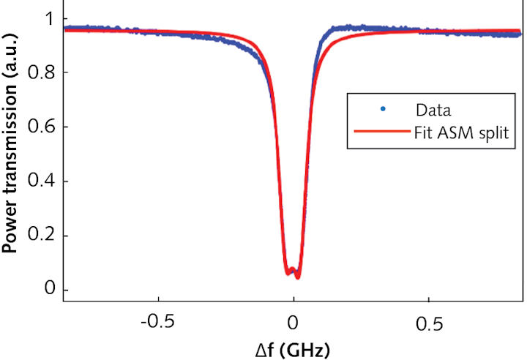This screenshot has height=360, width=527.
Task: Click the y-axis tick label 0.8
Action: pos(43,72)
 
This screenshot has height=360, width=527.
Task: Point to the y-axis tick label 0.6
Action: pos(43,127)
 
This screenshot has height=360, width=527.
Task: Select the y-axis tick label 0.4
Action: pos(43,181)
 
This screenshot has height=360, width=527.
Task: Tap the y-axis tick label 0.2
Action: pos(43,236)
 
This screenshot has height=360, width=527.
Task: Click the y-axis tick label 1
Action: pos(49,18)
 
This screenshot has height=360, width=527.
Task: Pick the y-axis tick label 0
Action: pos(49,290)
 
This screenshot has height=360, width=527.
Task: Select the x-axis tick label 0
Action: pos(293,323)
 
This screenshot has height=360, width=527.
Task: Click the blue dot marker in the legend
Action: pos(382,110)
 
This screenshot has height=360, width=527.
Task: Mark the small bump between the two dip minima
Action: pos(293,269)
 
